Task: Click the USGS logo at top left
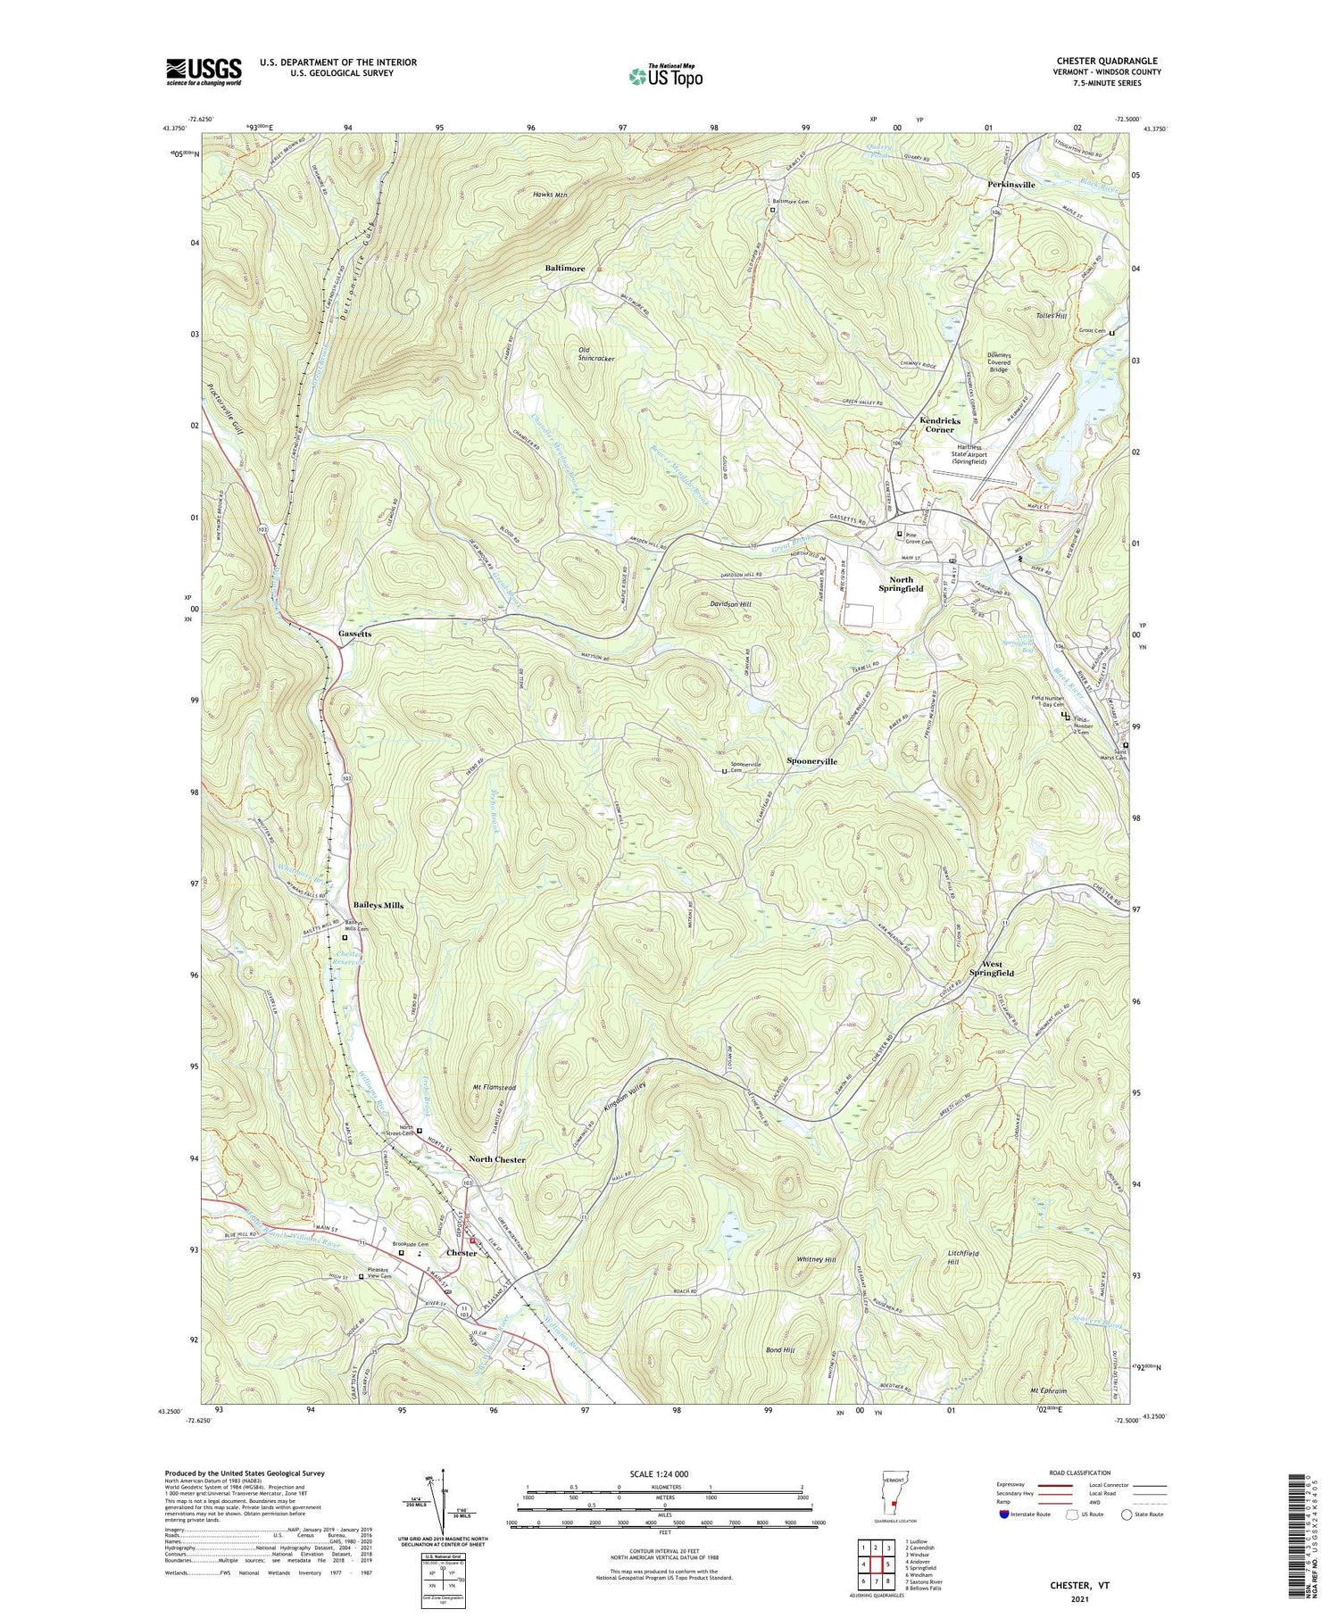point(204,71)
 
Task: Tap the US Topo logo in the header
point(665,77)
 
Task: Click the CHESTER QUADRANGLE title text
point(1107,62)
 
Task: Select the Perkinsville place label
point(1011,185)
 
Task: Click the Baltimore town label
point(565,269)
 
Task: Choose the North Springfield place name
point(901,584)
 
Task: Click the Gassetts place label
point(354,634)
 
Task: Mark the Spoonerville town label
point(811,761)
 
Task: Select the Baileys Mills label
point(378,905)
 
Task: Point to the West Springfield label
point(998,968)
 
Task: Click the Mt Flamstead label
point(494,1088)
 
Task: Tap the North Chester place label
point(497,1159)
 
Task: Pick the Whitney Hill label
point(816,1259)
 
